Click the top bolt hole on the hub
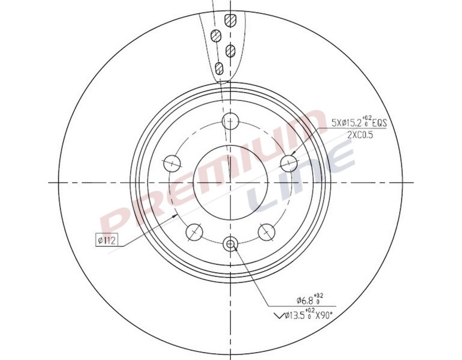pos(230,122)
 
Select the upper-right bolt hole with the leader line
pos(290,164)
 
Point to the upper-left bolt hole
pos(172,164)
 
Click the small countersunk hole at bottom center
pos(230,244)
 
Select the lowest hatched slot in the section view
pos(219,68)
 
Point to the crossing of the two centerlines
pos(230,182)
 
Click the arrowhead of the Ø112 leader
pos(177,216)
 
